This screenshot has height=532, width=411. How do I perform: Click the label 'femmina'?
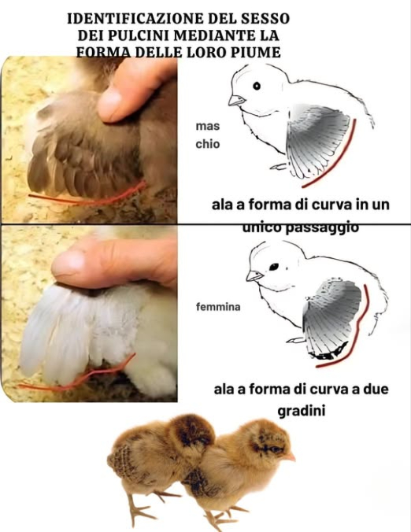[218, 306]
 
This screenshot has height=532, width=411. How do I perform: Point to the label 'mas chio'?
[208, 135]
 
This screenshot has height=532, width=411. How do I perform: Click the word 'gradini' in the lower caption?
[302, 411]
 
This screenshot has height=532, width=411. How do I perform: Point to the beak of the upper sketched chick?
[235, 100]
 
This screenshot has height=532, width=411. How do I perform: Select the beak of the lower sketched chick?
[253, 275]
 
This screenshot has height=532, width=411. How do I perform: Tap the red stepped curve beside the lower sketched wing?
[364, 323]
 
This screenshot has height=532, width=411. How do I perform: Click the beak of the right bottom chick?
[291, 456]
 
